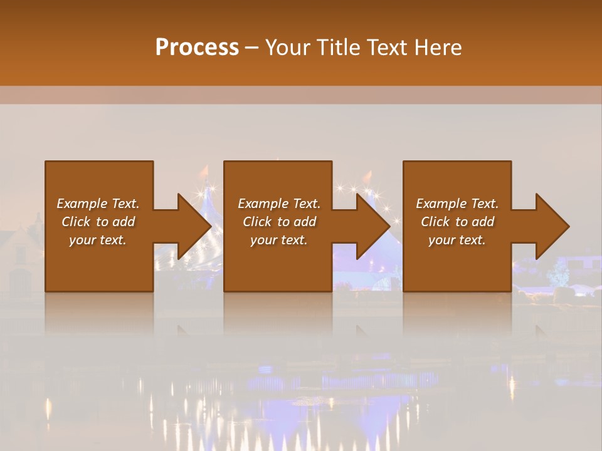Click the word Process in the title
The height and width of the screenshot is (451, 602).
pyautogui.click(x=197, y=47)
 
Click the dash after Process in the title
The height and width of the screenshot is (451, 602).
pyautogui.click(x=252, y=48)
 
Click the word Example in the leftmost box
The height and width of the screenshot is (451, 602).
pyautogui.click(x=82, y=204)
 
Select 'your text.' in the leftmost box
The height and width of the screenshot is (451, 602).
pyautogui.click(x=98, y=240)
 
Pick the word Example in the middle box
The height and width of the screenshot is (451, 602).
pyautogui.click(x=263, y=204)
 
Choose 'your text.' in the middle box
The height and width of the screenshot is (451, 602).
pyautogui.click(x=278, y=240)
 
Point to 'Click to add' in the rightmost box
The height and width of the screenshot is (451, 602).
pyautogui.click(x=457, y=222)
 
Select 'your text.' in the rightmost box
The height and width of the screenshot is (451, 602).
pyautogui.click(x=457, y=240)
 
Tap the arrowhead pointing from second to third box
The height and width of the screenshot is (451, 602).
pyautogui.click(x=372, y=226)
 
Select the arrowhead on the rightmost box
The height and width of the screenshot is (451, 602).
pyautogui.click(x=551, y=226)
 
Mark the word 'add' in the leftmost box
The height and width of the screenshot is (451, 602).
pyautogui.click(x=124, y=222)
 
